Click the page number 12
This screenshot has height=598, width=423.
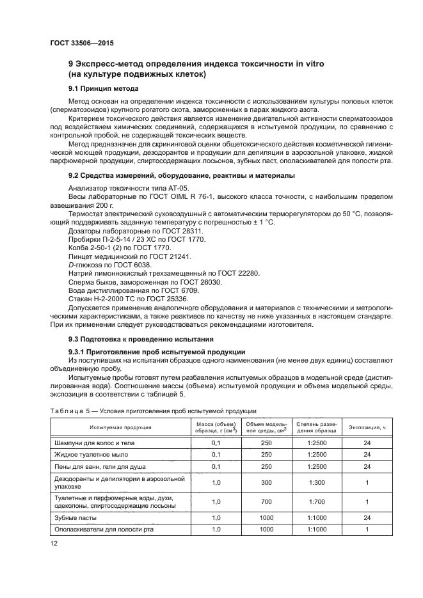(53, 543)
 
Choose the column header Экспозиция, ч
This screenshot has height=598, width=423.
(367, 427)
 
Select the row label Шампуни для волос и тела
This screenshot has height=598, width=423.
(95, 443)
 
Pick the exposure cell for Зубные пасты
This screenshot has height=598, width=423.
(367, 517)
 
